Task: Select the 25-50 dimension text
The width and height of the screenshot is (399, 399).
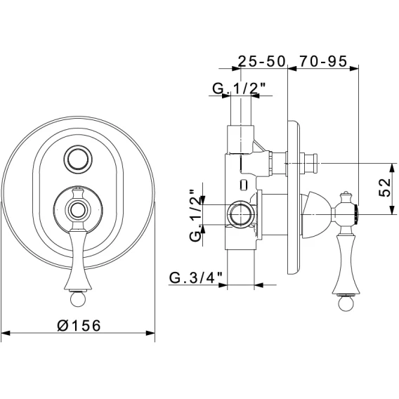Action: coord(261,61)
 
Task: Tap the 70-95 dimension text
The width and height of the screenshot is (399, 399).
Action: coord(323,61)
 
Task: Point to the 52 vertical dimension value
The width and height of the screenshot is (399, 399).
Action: coord(384,187)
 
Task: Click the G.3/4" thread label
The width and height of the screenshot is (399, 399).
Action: coord(196,277)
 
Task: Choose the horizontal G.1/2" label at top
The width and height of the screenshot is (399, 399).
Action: coord(240,89)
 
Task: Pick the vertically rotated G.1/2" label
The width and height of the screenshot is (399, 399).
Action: coord(195,216)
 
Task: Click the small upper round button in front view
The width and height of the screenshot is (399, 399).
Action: coord(78,159)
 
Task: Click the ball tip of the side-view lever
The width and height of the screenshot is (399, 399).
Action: coord(346,303)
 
